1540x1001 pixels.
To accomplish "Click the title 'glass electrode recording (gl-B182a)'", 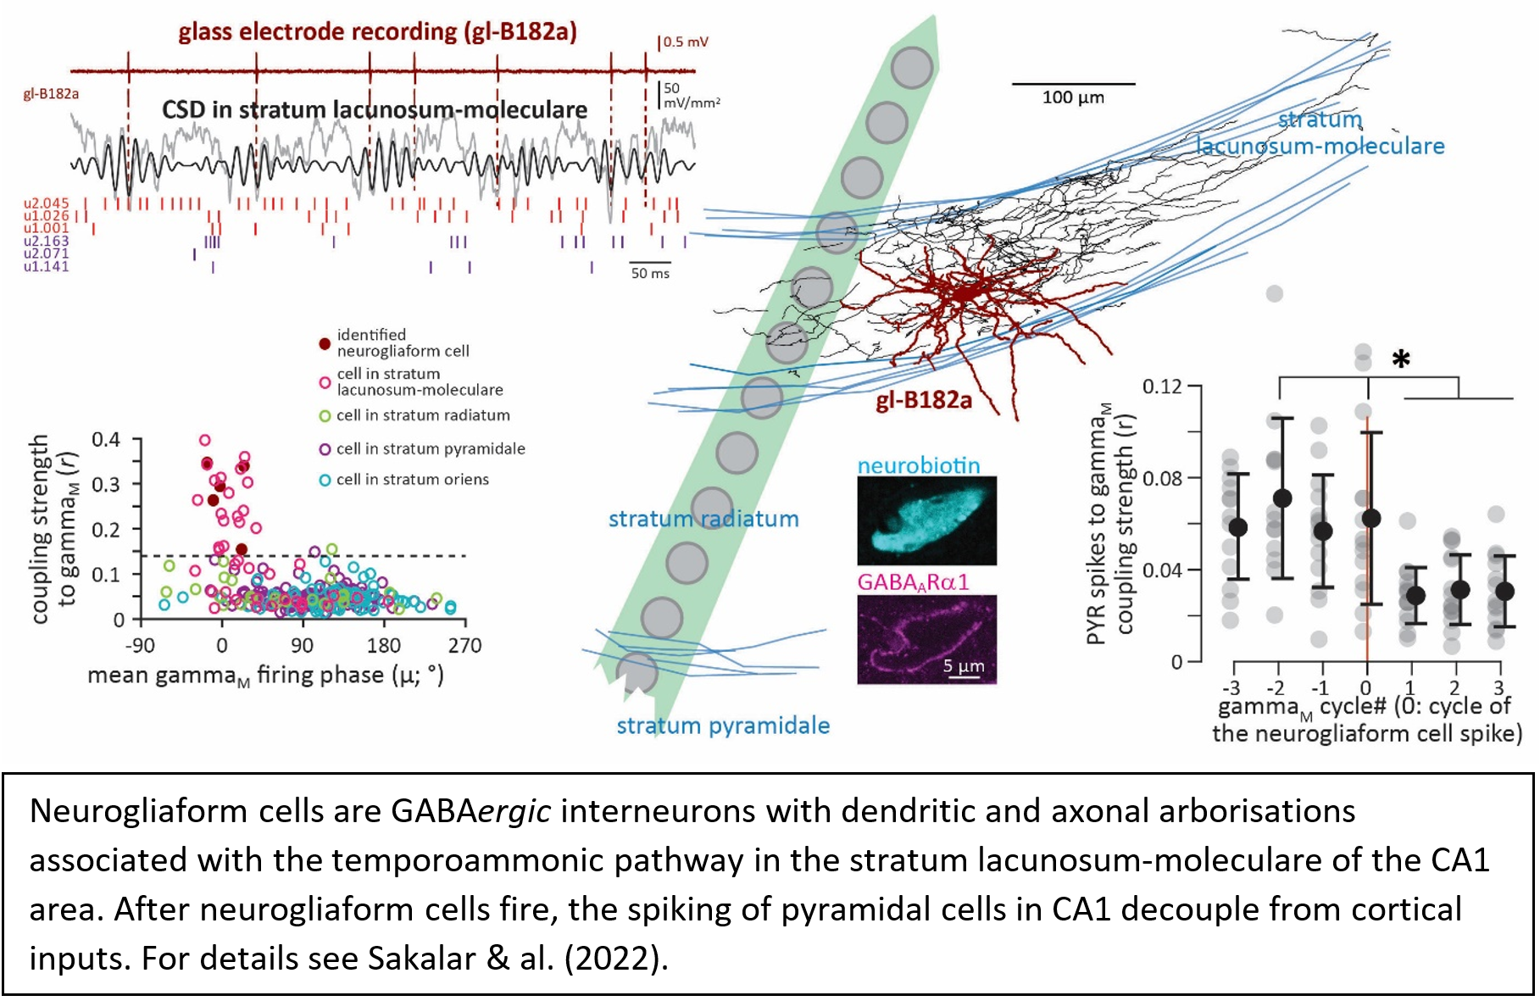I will coord(377,32).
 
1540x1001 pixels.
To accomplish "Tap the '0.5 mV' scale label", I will coord(685,42).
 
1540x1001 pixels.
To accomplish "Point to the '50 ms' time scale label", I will coord(650,274).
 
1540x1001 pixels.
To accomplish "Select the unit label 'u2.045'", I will coord(46,203).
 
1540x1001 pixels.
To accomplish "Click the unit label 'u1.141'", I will coord(46,267).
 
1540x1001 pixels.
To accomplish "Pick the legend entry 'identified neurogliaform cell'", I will coord(402,342).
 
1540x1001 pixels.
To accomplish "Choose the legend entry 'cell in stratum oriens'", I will coord(412,480).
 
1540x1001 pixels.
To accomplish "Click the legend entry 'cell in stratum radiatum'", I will coord(422,415).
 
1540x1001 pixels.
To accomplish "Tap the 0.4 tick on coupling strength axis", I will coord(106,439).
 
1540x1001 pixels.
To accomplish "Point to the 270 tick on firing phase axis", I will coord(464,646).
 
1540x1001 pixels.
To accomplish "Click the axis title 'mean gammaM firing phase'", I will coord(264,676).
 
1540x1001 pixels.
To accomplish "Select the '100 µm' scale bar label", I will coord(1072,97).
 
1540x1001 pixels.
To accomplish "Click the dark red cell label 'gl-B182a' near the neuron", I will coord(924,400).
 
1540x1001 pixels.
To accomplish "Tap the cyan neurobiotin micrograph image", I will coord(926,520).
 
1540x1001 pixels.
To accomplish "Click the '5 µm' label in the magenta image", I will coord(964,666).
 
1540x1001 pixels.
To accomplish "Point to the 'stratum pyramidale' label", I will coord(723,726).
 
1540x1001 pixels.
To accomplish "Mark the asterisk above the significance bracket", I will coord(1401,359).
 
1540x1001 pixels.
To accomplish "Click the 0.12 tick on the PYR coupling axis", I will coord(1161,386).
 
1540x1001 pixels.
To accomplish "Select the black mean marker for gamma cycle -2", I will coord(1282,498).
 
